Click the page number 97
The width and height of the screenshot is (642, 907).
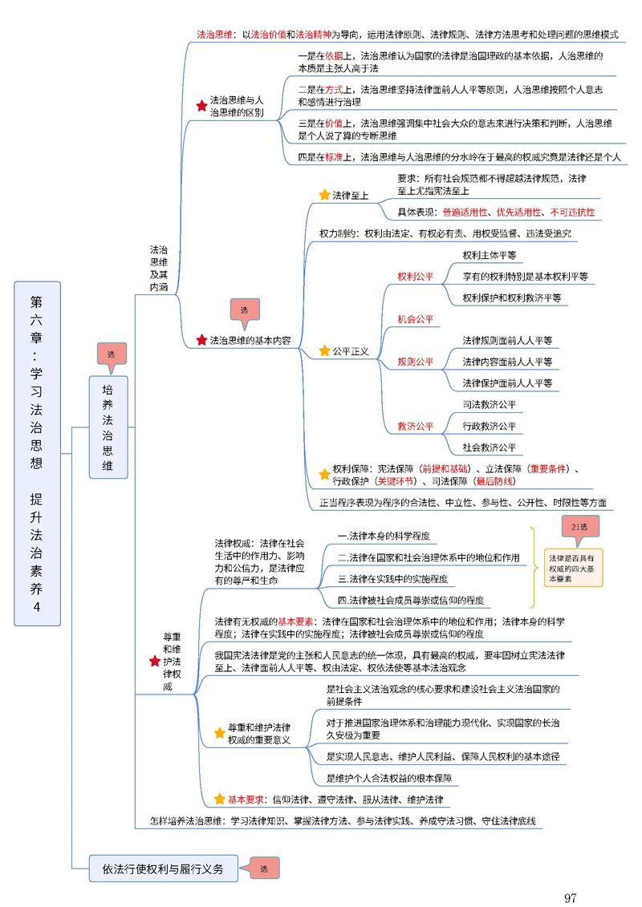[571, 897]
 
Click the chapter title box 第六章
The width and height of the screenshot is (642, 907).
[37, 453]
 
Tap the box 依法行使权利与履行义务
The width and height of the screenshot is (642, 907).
[163, 869]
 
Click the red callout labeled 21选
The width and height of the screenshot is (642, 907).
[579, 527]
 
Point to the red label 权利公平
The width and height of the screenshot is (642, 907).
[415, 277]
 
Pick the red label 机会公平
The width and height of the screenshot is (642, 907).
[415, 319]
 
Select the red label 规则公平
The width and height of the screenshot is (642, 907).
[415, 362]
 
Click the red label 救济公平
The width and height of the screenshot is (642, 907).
[415, 426]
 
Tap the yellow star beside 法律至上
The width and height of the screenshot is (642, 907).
[324, 195]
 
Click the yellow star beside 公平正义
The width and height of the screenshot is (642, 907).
[324, 350]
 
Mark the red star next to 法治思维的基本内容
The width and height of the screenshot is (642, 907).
[201, 340]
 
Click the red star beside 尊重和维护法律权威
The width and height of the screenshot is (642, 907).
[155, 661]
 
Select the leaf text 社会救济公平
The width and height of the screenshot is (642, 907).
[489, 447]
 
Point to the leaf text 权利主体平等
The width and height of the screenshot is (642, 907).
[489, 256]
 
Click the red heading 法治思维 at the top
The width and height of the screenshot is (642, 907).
[214, 35]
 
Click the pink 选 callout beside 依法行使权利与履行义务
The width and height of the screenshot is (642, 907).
[264, 869]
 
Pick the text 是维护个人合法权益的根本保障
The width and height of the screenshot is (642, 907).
[389, 778]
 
